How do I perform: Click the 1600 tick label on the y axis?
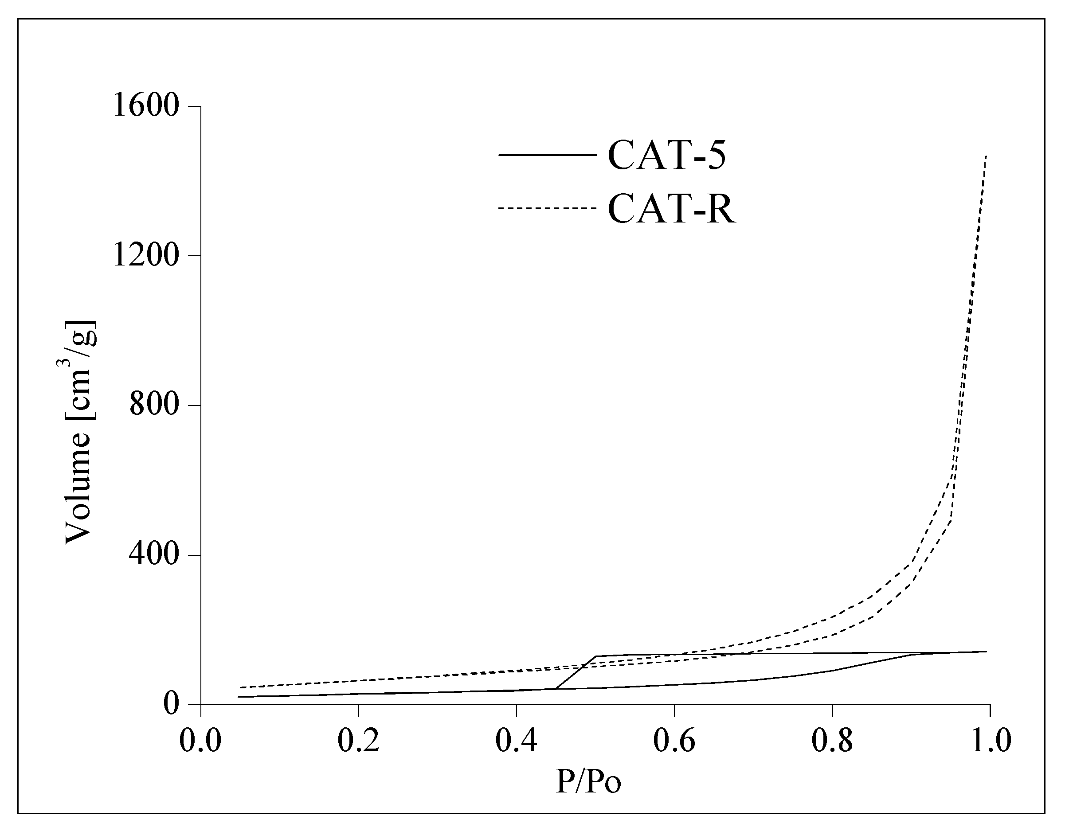(x=145, y=106)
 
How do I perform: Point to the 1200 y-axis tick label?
(x=145, y=256)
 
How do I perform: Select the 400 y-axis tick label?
(x=153, y=555)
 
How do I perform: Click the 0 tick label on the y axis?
(x=170, y=704)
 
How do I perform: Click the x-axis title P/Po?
(x=588, y=782)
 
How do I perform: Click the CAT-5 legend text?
(x=667, y=155)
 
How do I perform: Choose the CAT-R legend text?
(x=672, y=209)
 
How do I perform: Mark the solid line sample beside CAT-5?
(x=547, y=155)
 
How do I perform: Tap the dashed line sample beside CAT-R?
(x=547, y=208)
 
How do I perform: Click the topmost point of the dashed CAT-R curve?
(x=986, y=156)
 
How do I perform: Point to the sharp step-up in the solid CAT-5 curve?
(x=576, y=673)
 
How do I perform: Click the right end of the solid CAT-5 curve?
(x=986, y=652)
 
